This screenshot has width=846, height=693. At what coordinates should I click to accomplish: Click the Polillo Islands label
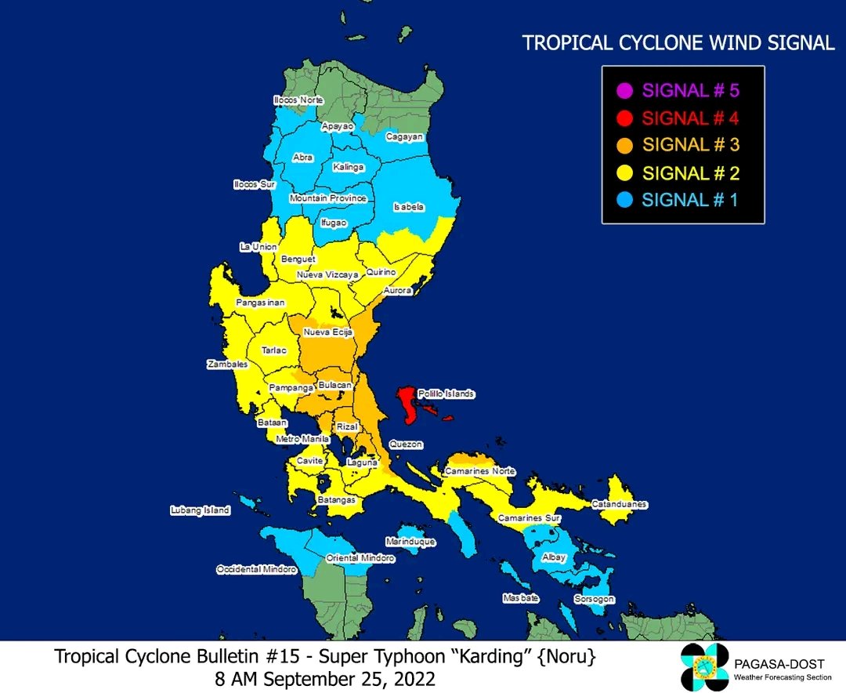coord(447,394)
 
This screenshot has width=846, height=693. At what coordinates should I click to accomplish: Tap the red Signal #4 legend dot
coord(624,118)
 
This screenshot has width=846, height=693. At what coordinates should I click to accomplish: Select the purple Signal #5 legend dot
coord(624,90)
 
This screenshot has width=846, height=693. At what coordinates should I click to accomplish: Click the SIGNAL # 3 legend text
coord(690,145)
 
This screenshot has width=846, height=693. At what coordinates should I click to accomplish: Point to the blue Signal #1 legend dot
coord(624,200)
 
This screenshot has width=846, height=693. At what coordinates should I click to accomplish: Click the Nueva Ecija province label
coord(328,332)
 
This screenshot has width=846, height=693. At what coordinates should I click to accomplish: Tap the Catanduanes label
coord(619,504)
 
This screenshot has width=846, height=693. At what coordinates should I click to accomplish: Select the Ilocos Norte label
coord(298,100)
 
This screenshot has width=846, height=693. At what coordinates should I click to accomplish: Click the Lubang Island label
coord(201,510)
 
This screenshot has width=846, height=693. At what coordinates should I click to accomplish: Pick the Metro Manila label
coord(302,440)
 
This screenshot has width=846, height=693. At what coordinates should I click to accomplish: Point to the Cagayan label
coord(404,136)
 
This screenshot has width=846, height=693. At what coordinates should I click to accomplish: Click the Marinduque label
coord(410,542)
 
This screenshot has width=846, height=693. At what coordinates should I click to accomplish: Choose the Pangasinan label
coord(261,303)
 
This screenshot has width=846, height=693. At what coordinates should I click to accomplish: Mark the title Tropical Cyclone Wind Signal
coord(678,43)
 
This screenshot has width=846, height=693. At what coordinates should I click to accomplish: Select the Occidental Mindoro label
coord(256,569)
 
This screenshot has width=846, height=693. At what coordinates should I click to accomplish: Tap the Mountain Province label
coord(327,198)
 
